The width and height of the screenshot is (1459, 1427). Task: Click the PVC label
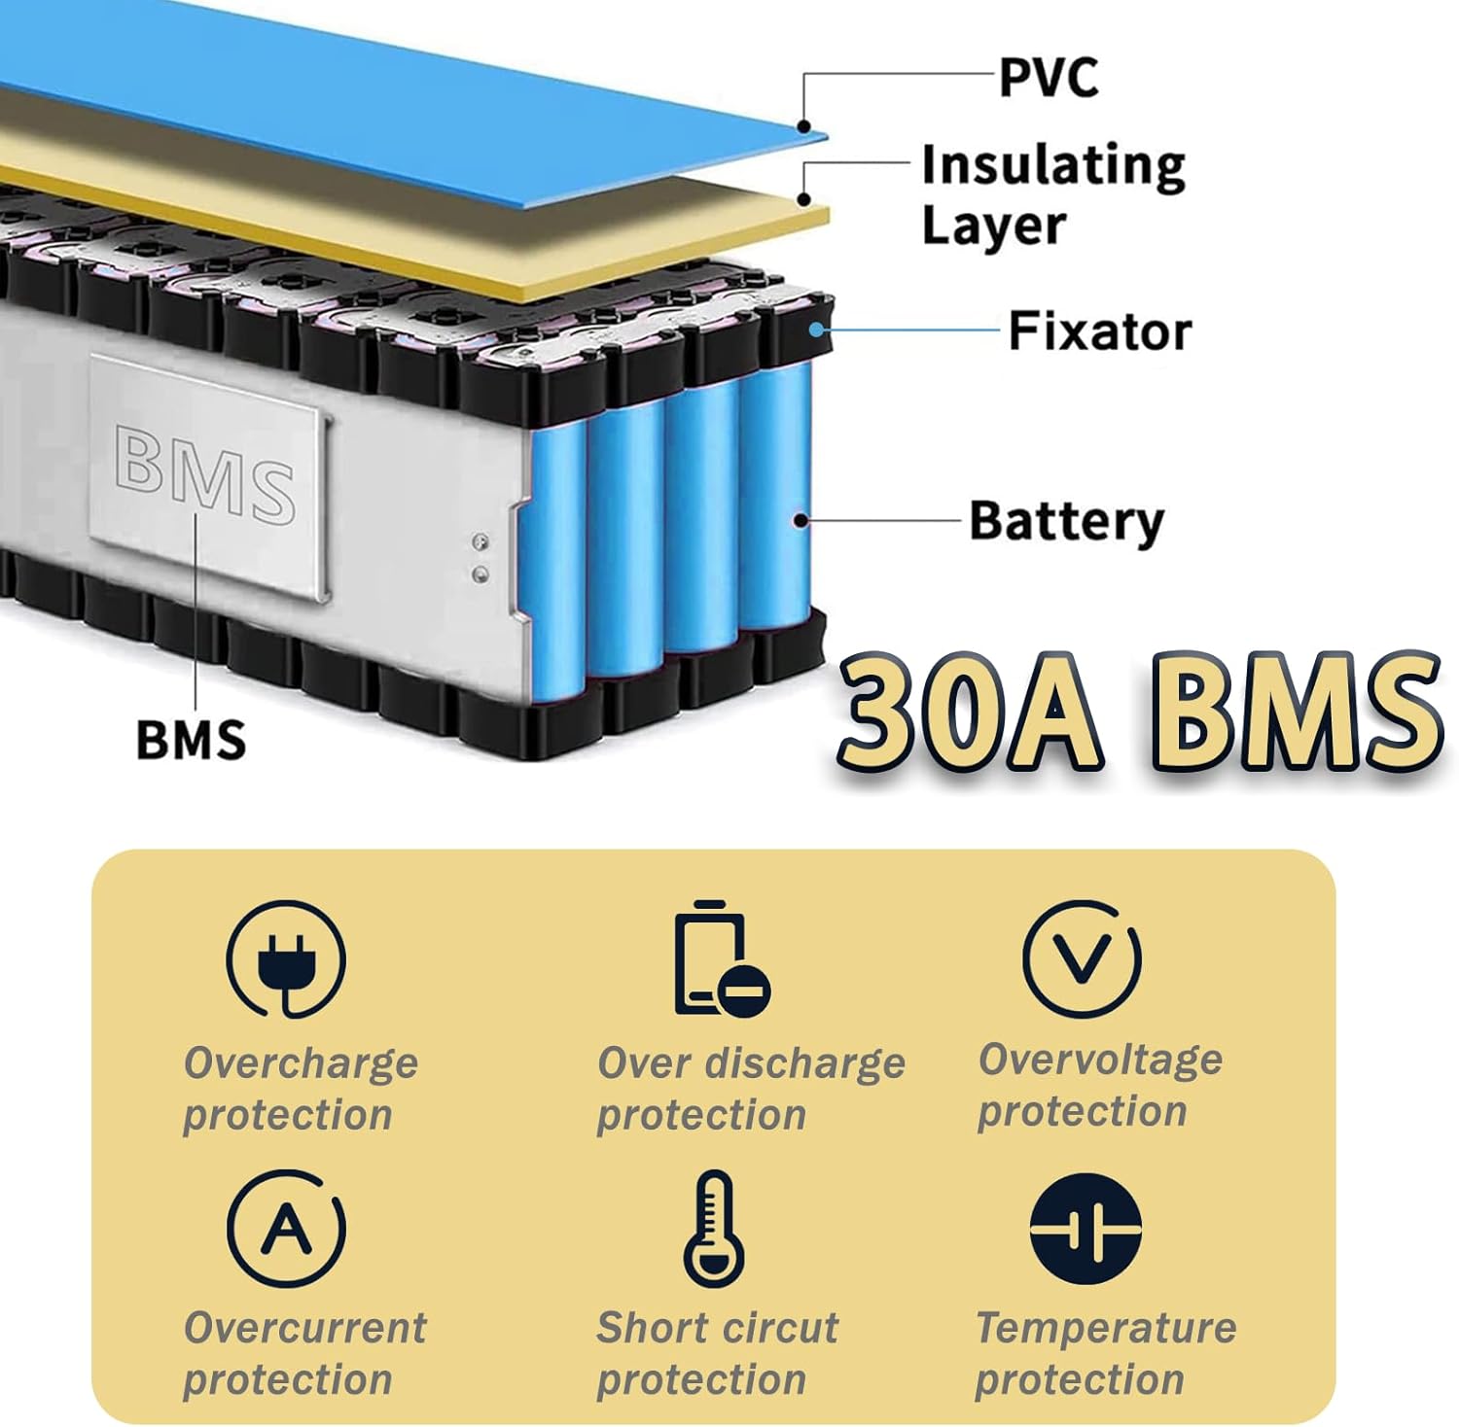click(1049, 78)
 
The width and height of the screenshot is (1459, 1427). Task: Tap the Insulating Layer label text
click(1052, 194)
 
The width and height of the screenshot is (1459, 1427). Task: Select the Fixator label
click(1099, 331)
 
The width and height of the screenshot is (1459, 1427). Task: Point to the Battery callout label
click(1066, 521)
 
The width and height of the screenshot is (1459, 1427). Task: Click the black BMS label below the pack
click(191, 740)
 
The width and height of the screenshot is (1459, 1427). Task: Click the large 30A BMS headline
click(1138, 713)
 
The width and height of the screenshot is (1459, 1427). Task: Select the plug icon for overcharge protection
click(286, 959)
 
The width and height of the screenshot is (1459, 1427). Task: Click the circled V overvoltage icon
click(1083, 958)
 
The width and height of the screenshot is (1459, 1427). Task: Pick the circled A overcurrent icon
click(286, 1228)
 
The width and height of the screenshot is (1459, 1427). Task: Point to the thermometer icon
click(714, 1228)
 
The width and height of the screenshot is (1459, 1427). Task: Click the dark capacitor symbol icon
click(1085, 1229)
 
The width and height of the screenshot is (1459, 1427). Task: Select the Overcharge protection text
click(301, 1089)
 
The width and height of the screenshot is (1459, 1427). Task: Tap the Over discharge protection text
click(750, 1089)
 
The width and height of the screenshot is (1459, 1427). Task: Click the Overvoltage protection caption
click(1100, 1085)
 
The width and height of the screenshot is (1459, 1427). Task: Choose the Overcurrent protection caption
click(304, 1353)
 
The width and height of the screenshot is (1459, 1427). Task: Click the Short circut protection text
click(717, 1353)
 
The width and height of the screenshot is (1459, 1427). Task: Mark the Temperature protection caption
click(1106, 1353)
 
